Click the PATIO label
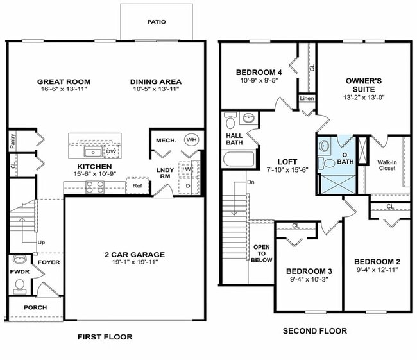[157, 22]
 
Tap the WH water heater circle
[191, 139]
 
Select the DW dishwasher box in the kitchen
[110, 151]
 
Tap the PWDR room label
[17, 271]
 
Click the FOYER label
[49, 262]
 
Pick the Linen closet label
[307, 99]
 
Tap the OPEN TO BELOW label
[262, 253]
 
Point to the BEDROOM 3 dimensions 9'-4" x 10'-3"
[309, 279]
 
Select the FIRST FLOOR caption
[105, 337]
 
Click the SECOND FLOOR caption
[314, 331]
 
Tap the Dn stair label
[251, 182]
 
